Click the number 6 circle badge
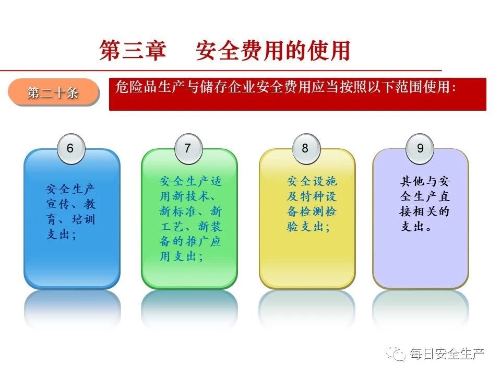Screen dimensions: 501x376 (x=70, y=149)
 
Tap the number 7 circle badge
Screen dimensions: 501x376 (x=188, y=149)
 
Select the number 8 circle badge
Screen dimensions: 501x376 (x=306, y=149)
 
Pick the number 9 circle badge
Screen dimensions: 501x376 (x=420, y=149)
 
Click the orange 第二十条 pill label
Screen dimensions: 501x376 (x=53, y=92)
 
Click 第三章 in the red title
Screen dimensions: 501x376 (x=133, y=51)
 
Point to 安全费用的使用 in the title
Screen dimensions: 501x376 (x=272, y=51)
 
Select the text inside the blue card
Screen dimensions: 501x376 (x=70, y=211)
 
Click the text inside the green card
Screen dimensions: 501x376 (x=190, y=219)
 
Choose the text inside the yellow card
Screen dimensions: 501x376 (x=312, y=204)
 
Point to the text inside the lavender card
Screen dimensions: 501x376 (x=425, y=204)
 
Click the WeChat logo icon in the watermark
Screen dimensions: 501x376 (x=397, y=354)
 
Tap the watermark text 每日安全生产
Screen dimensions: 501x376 (x=447, y=354)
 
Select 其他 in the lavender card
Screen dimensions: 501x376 (x=412, y=181)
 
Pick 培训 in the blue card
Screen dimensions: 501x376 (x=83, y=219)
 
